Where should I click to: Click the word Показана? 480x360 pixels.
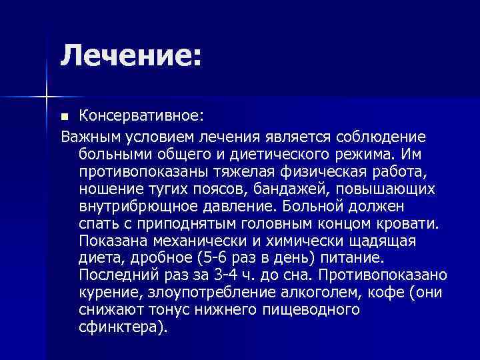click(111, 241)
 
